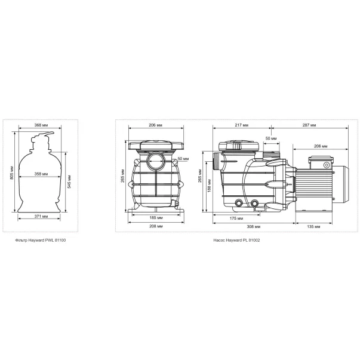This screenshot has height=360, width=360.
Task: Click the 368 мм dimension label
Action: click(x=39, y=125)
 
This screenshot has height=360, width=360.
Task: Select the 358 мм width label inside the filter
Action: click(x=41, y=174)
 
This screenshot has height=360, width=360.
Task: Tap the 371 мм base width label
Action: click(x=41, y=216)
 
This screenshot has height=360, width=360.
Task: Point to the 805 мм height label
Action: click(x=12, y=173)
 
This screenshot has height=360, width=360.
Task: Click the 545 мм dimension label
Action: click(x=69, y=181)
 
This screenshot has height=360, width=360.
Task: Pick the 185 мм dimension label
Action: click(x=156, y=218)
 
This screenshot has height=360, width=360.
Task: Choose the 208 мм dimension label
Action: click(x=156, y=226)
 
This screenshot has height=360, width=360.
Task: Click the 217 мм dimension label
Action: click(x=242, y=125)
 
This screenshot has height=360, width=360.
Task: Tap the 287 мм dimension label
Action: click(x=309, y=125)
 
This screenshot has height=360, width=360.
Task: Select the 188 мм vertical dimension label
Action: click(x=209, y=186)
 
